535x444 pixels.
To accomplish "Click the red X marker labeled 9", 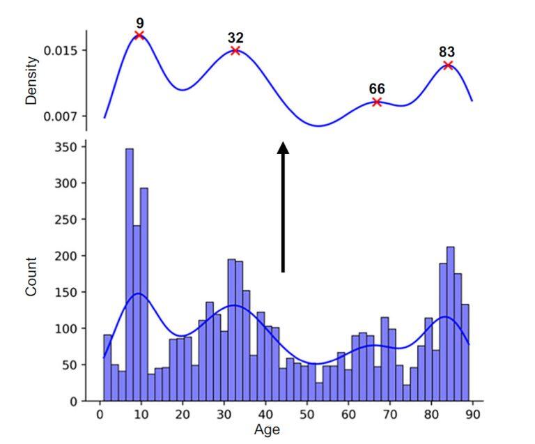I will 139,35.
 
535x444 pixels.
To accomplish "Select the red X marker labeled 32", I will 235,50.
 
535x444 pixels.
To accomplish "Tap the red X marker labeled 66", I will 377,102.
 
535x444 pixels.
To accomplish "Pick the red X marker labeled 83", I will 448,66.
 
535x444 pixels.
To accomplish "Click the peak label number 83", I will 447,52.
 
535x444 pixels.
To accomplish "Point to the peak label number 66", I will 377,89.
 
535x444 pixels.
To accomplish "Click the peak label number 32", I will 235,37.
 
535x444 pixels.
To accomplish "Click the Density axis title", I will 31,80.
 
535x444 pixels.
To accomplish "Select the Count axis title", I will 31,276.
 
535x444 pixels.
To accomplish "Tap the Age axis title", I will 267,429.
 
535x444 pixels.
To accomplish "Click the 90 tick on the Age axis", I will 472,414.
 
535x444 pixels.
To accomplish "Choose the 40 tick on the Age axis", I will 265,414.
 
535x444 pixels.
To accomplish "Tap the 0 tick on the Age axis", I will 99,414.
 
